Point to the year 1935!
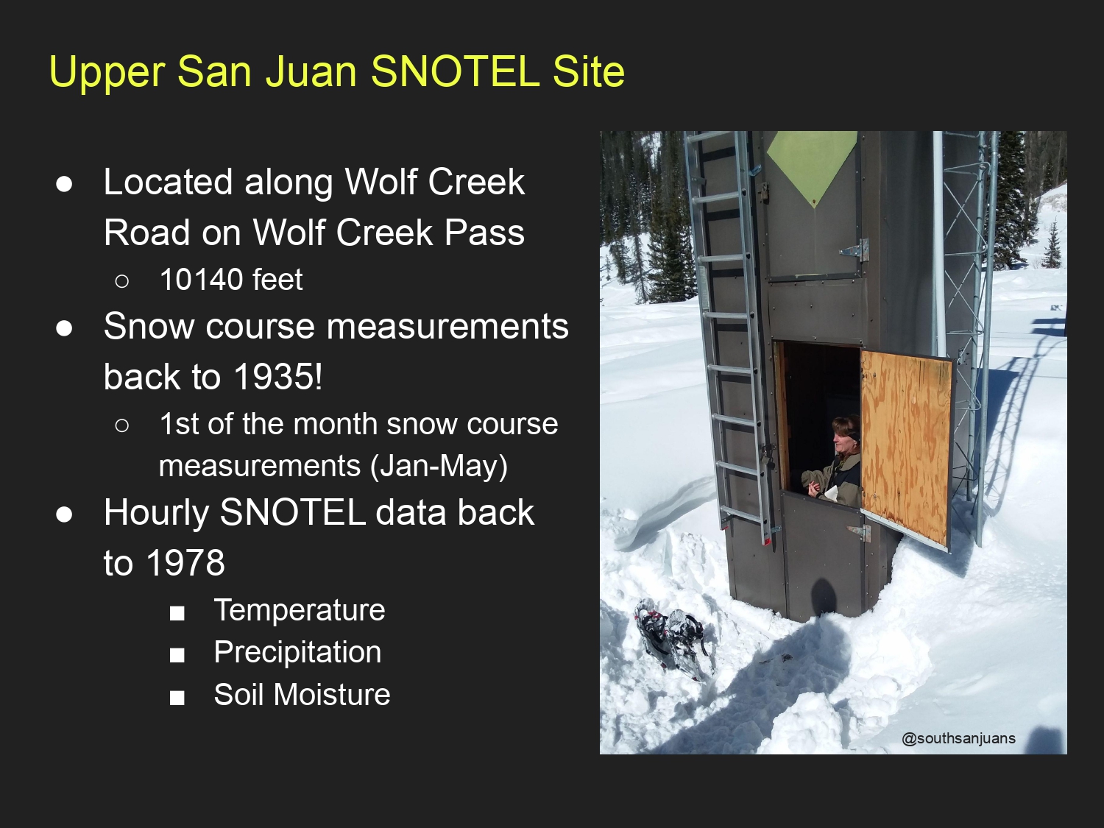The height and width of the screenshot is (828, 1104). [x=278, y=376]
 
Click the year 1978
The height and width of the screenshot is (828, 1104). [x=185, y=562]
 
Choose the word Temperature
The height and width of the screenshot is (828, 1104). [x=300, y=610]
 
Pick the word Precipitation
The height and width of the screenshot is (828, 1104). [x=298, y=652]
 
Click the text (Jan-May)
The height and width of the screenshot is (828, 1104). [x=439, y=466]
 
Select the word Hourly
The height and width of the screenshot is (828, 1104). [x=157, y=513]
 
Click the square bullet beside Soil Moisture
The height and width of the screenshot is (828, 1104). [x=177, y=698]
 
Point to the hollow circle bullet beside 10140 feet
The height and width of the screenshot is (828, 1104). [x=121, y=281]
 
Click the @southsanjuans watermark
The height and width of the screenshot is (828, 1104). [x=959, y=738]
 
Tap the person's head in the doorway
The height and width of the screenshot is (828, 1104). [x=846, y=434]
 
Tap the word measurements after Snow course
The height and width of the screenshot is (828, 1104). [x=447, y=326]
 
